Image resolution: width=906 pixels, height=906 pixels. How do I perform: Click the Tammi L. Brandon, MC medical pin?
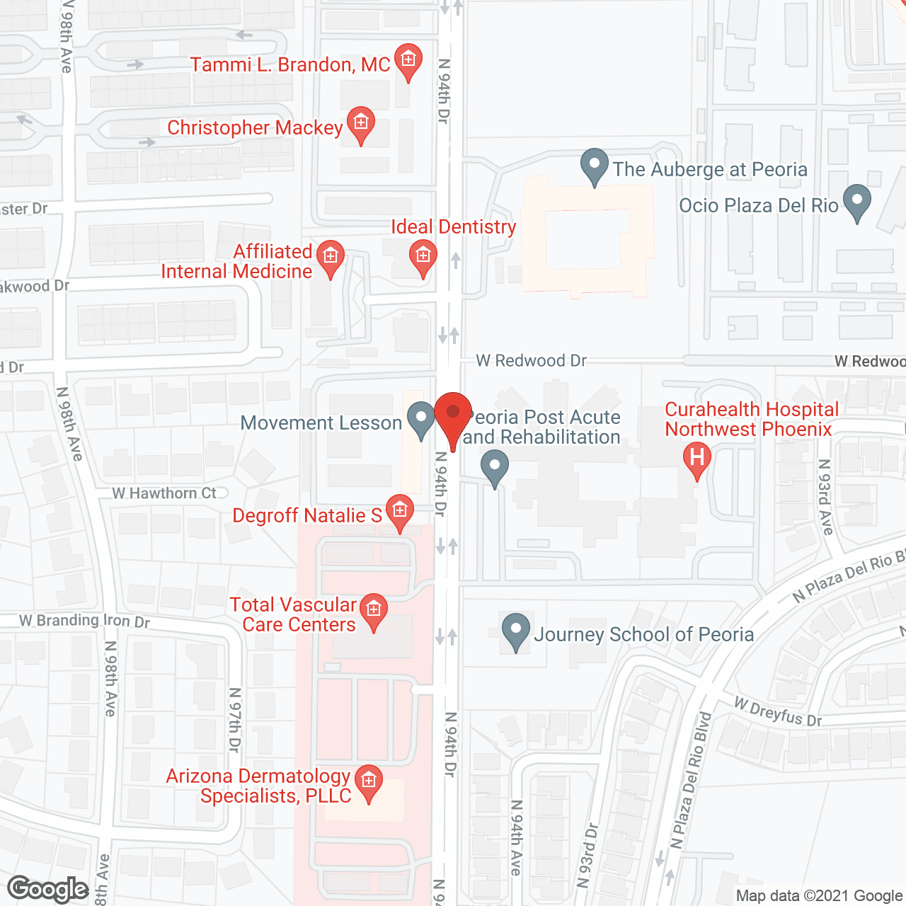pos(408,61)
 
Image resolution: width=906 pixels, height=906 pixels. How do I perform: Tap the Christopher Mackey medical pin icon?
pos(361,124)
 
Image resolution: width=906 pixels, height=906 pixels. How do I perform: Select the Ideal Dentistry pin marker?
pos(423,256)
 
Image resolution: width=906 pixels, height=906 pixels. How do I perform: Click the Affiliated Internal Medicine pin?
pos(330,257)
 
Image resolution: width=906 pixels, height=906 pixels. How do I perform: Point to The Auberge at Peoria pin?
pos(595,166)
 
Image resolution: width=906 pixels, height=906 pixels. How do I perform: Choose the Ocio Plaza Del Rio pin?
pos(857,202)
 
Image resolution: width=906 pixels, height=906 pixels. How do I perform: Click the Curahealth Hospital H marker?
pos(696,459)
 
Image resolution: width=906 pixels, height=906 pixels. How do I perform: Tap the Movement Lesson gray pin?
pos(421,419)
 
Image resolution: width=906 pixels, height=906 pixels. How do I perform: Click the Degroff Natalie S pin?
pos(400,511)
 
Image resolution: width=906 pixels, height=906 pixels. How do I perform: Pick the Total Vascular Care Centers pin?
pos(374,610)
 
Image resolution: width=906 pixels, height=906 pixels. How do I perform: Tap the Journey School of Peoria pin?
pos(516,631)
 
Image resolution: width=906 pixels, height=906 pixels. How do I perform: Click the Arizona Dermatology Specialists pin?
pos(368,783)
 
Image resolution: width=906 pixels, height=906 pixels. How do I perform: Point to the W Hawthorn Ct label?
pos(164,493)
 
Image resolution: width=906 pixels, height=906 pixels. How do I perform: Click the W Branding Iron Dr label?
pos(84,621)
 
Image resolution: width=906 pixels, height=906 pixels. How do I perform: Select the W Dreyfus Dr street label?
pos(778,712)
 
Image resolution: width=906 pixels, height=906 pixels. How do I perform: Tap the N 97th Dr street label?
pos(235,720)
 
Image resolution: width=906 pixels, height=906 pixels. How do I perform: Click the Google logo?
pos(48,889)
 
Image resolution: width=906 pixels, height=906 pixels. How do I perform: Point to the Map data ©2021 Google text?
pos(819,896)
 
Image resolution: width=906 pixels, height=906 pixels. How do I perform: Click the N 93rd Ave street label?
pos(825,497)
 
